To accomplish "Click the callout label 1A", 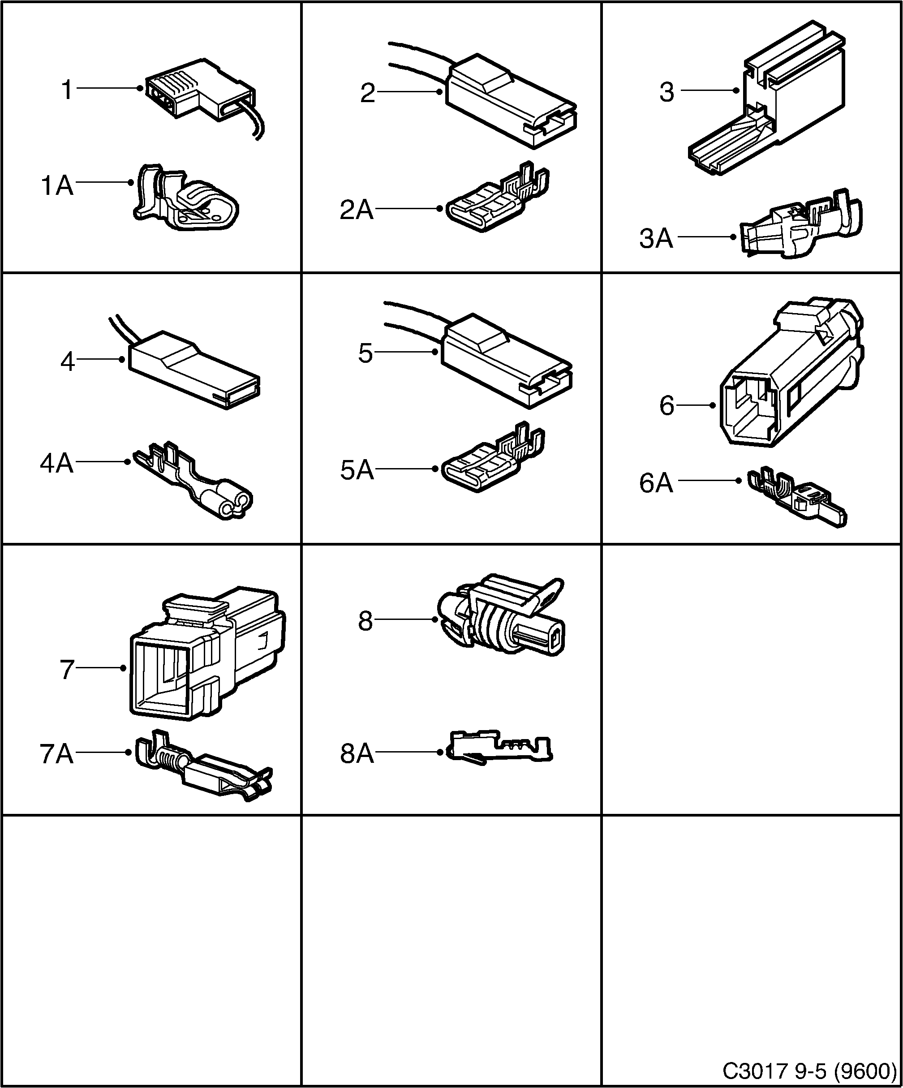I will point(57,185).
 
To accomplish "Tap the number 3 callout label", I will point(667,92).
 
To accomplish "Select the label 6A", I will point(656,483).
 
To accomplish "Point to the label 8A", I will point(357,754).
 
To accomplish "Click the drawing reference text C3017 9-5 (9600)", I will point(809,1069).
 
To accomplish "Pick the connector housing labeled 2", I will point(510,101).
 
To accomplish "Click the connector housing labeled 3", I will point(777,103).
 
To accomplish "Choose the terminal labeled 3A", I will point(800,228).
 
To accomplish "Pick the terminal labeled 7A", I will point(202,767).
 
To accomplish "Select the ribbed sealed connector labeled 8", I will point(500,616).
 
